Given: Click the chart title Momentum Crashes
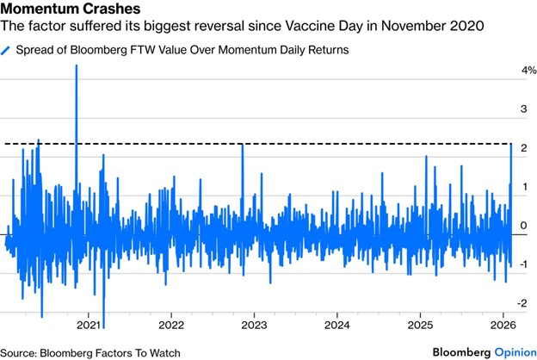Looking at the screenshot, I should (x=67, y=10).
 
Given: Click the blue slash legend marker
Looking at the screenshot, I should (x=9, y=51).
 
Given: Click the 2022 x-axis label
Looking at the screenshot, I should (x=171, y=326).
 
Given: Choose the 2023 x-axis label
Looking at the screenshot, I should (x=254, y=326).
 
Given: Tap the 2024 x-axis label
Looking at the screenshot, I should (x=336, y=326).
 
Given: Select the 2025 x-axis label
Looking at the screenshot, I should (x=419, y=326).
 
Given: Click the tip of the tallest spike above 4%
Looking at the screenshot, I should (x=76, y=65).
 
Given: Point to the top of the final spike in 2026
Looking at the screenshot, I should (x=512, y=145).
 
